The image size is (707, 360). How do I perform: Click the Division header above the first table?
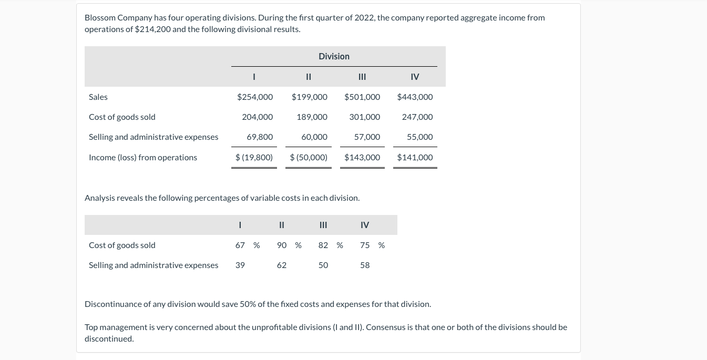334,56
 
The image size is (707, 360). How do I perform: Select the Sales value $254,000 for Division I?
255,97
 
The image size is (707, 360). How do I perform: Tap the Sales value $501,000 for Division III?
362,97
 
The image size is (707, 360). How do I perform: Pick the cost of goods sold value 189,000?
312,117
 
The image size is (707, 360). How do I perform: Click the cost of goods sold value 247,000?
417,117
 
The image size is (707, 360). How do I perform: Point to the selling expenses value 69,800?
260,137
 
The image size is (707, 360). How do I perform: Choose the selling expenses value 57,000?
367,137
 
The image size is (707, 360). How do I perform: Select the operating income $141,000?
415,157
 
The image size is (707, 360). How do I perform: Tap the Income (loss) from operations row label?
143,157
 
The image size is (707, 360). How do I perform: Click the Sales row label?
98,97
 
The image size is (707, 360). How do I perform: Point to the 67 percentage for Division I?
240,245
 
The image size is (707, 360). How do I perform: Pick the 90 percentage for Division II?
282,245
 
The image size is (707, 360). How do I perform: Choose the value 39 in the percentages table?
240,265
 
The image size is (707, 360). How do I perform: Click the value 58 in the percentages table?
365,265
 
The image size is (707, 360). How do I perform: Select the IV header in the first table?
415,77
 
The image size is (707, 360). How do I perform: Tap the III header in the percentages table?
323,225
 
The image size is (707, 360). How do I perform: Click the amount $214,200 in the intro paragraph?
152,29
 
